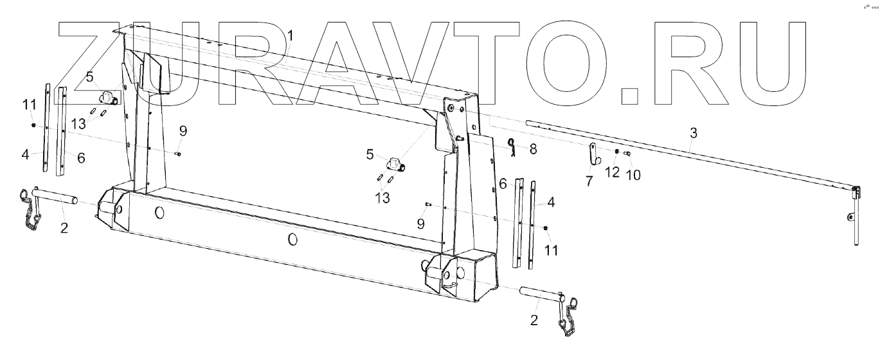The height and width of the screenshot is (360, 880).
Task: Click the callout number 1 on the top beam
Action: [290, 35]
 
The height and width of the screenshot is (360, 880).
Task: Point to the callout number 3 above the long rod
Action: [692, 133]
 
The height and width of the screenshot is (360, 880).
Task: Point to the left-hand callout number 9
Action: [183, 131]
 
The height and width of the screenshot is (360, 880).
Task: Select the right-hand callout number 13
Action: [382, 198]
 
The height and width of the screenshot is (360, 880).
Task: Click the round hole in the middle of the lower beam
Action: [292, 239]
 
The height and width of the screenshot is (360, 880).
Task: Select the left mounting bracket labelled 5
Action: [106, 97]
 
